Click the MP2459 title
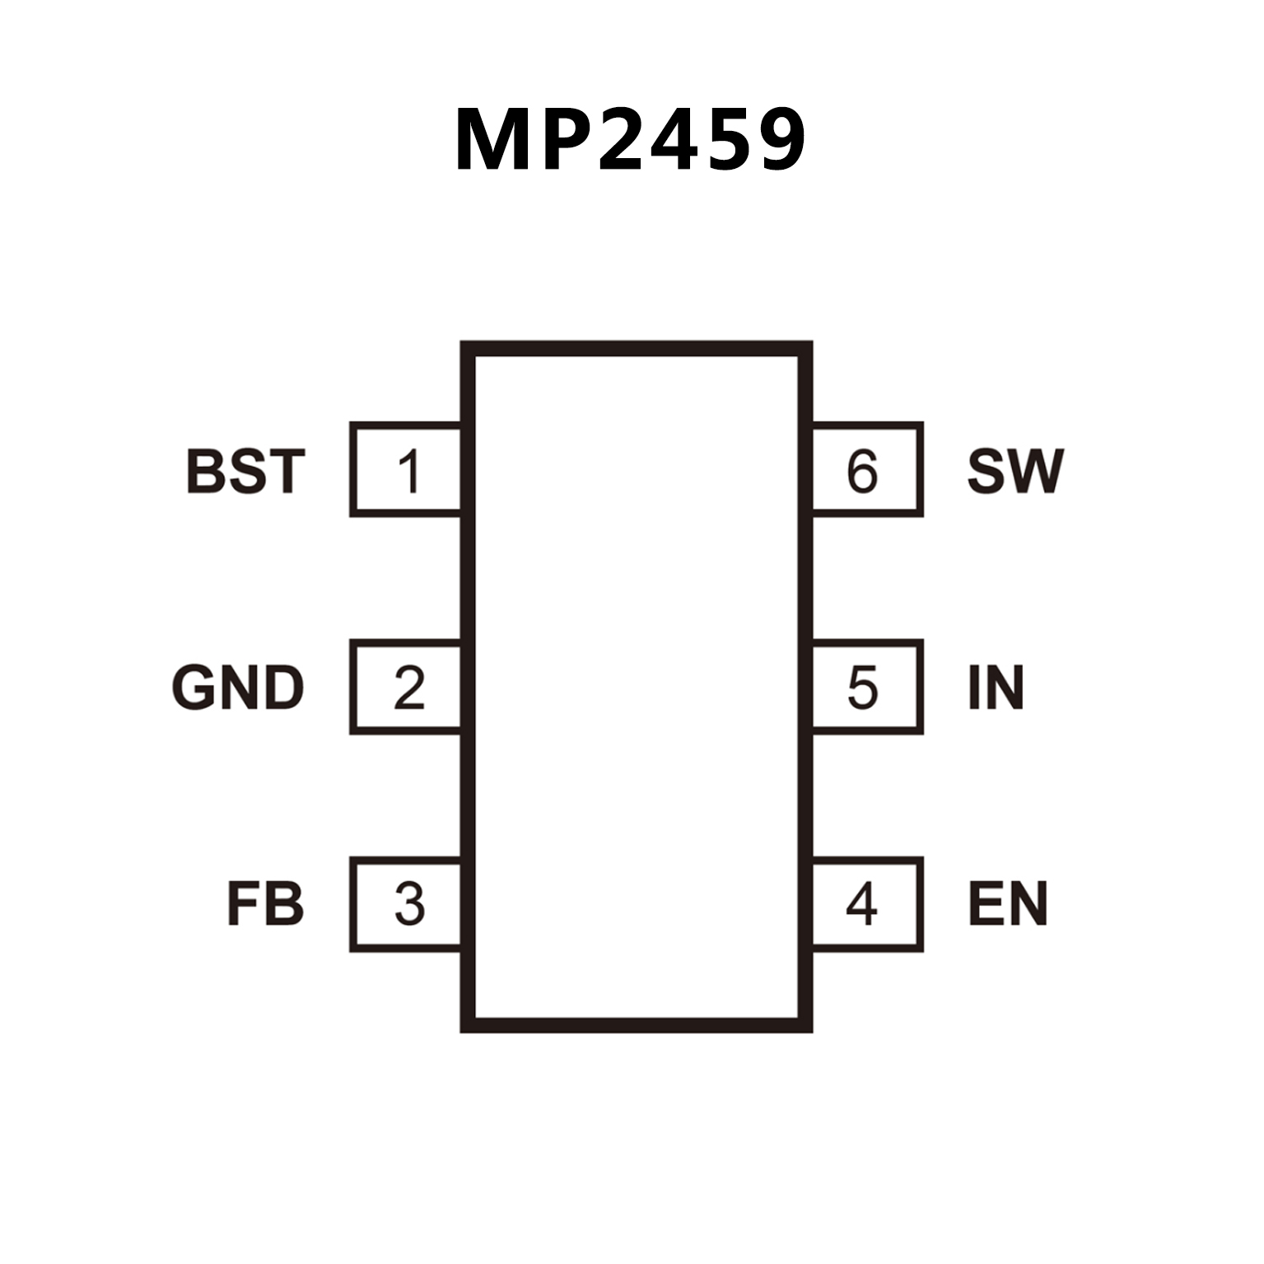click(630, 140)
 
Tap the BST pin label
click(245, 471)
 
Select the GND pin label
click(238, 688)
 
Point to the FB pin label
click(265, 904)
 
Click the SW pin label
click(1015, 471)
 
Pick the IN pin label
click(996, 688)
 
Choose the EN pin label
click(1008, 904)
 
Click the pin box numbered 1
click(406, 470)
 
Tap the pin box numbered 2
click(406, 687)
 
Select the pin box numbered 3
click(406, 904)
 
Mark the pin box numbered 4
click(866, 904)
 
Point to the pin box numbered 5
click(866, 687)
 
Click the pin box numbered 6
click(866, 470)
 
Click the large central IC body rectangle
click(637, 687)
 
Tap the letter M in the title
click(492, 140)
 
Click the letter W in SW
click(1038, 471)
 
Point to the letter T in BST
click(285, 471)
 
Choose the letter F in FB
click(244, 904)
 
